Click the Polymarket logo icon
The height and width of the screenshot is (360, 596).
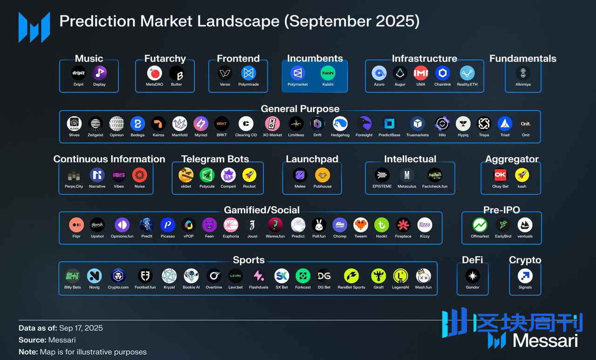point(298,73)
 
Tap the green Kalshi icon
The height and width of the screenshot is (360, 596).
point(328,73)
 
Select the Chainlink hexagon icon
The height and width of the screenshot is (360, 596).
point(442,73)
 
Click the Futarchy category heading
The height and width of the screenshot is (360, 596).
point(165,59)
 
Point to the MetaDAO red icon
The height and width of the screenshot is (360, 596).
point(154,73)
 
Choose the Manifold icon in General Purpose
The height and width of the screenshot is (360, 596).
point(180,123)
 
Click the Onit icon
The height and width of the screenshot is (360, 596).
point(526,123)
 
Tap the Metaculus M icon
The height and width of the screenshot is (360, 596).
point(407,175)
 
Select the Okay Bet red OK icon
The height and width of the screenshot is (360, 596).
point(500,175)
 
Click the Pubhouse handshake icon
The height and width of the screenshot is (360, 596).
point(322,175)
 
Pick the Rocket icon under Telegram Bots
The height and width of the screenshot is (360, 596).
point(249,175)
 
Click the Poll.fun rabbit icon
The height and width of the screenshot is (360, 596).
point(319,225)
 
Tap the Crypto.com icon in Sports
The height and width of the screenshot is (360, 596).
point(118,276)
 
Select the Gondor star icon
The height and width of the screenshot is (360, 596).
point(473,276)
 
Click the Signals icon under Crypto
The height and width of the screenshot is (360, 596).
point(525,276)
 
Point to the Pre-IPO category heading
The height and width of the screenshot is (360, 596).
point(501,210)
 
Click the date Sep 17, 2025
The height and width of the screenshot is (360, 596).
point(81,328)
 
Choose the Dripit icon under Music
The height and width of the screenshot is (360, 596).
point(78,73)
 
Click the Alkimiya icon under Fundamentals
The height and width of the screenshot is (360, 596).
point(523,73)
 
